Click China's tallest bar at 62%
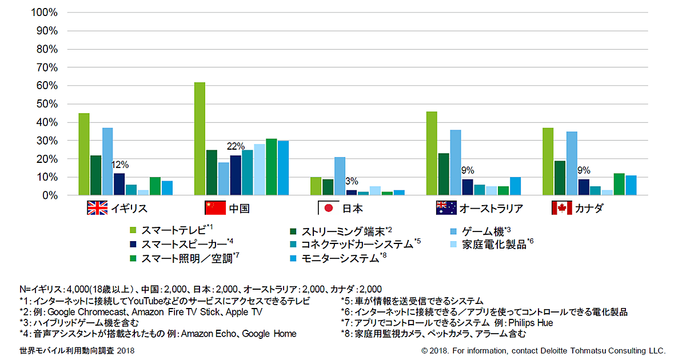(x=200, y=139)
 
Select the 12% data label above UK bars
(x=121, y=165)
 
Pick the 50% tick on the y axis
(x=46, y=104)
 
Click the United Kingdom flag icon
(x=97, y=208)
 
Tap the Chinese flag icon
(x=215, y=208)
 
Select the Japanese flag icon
(x=328, y=208)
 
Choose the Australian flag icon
(x=445, y=208)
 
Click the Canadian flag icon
(x=562, y=208)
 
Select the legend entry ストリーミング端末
(x=340, y=231)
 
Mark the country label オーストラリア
(x=491, y=209)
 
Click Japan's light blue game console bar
(x=340, y=176)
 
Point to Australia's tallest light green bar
(x=432, y=153)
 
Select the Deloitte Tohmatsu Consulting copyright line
(x=543, y=350)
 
